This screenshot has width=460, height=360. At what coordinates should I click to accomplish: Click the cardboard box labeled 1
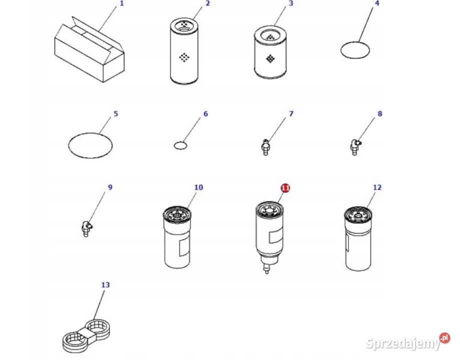click(x=89, y=50)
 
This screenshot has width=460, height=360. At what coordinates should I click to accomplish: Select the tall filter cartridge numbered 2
click(x=184, y=51)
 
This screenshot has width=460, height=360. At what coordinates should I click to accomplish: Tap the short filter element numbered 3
click(x=270, y=52)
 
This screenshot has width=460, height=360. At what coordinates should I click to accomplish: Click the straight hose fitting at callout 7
click(x=265, y=147)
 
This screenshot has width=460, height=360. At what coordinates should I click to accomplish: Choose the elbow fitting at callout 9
click(x=86, y=229)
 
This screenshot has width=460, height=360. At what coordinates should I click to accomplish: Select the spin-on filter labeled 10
click(x=177, y=237)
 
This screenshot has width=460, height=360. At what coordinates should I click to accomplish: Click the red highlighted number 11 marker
click(x=285, y=188)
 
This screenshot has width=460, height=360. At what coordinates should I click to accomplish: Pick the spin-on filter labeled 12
click(x=358, y=238)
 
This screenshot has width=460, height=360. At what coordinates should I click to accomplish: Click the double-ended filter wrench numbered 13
click(x=87, y=336)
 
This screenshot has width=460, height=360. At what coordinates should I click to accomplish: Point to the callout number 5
click(x=115, y=113)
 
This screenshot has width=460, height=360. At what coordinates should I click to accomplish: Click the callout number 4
click(x=377, y=3)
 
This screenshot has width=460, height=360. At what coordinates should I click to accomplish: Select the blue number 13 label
click(x=105, y=284)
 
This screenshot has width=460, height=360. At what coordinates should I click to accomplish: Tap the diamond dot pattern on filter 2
click(x=184, y=57)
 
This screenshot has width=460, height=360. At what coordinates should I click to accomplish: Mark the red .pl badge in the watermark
click(x=444, y=338)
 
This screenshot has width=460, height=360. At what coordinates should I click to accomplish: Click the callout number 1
click(x=121, y=3)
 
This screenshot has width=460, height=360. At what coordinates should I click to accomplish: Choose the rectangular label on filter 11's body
click(x=275, y=236)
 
